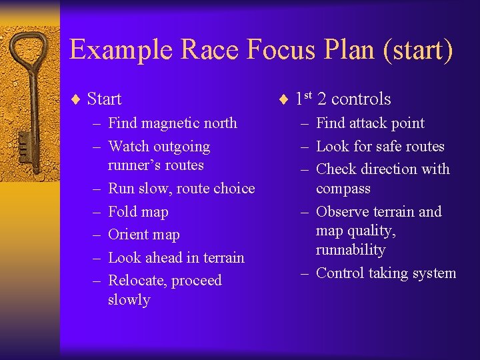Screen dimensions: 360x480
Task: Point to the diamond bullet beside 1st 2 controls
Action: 283,100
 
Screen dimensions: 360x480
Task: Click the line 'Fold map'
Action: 138,211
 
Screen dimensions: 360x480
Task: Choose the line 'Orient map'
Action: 143,234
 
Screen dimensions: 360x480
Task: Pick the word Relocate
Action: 136,280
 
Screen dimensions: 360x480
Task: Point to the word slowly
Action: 129,299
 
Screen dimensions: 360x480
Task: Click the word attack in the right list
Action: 370,123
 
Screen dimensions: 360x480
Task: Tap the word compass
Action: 343,188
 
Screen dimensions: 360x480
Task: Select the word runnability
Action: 351,249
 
